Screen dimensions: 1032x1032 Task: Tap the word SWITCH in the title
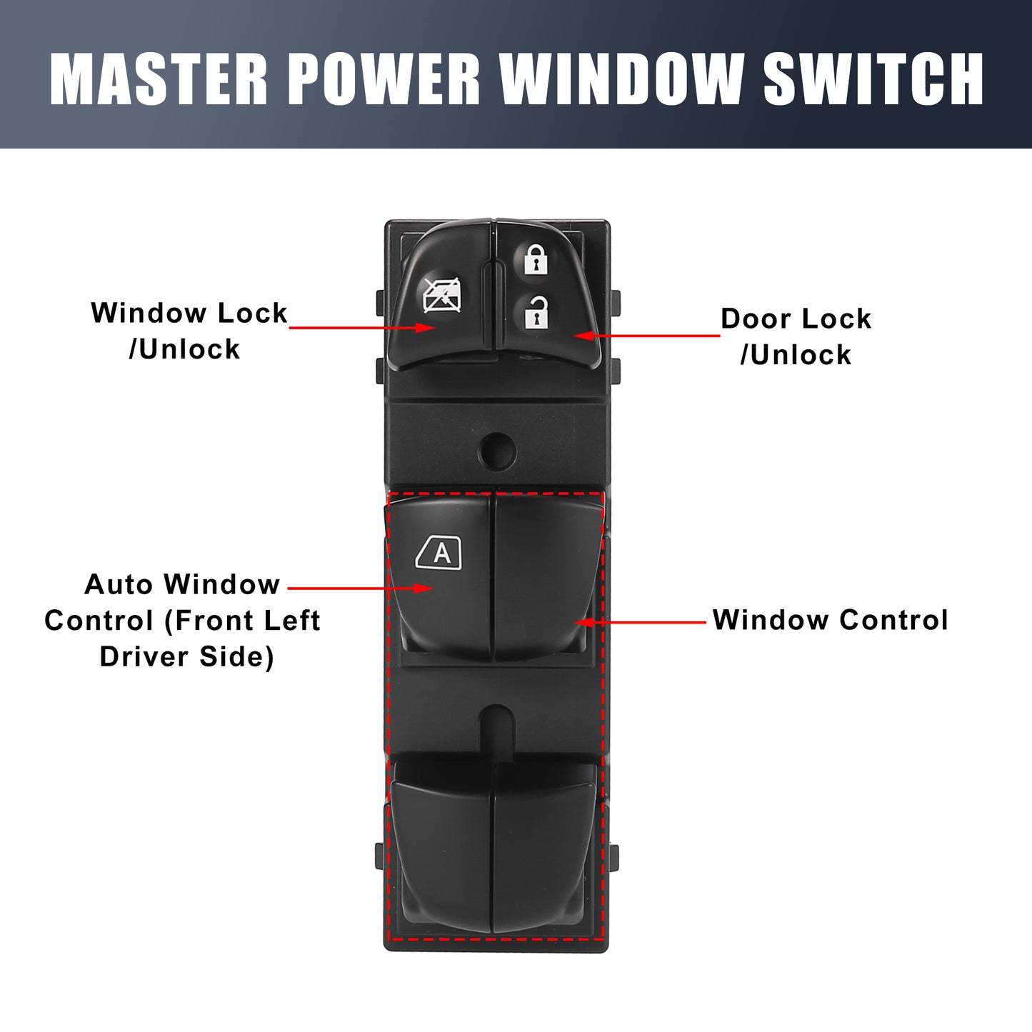tap(873, 79)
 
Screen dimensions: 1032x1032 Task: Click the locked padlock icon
tap(536, 259)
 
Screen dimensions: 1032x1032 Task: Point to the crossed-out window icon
tap(442, 295)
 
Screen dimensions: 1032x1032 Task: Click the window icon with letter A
tap(439, 552)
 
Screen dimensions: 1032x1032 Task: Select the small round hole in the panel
tap(496, 451)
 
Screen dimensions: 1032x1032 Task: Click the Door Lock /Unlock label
tap(796, 336)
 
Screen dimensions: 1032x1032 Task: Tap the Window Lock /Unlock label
tap(189, 331)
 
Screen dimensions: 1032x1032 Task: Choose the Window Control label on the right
tap(830, 620)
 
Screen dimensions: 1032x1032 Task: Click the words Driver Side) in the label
tap(187, 656)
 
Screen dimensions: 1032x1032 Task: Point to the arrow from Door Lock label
tap(647, 336)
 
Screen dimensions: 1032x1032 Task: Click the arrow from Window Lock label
tap(363, 327)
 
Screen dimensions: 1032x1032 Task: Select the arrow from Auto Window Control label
tap(361, 588)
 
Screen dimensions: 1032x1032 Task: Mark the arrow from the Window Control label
tap(641, 622)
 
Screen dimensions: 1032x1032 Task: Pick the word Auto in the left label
tap(119, 583)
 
